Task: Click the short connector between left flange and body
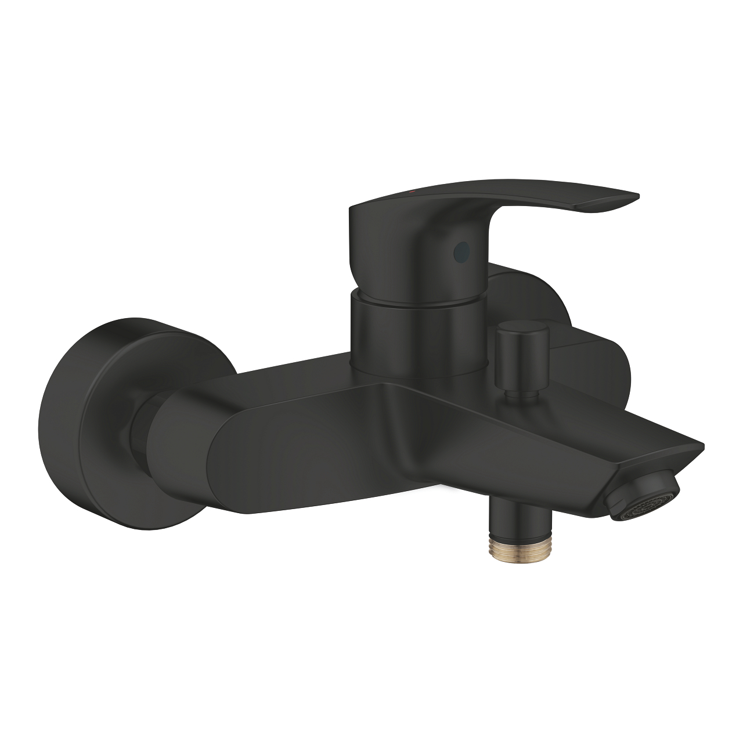pos(139,430)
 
